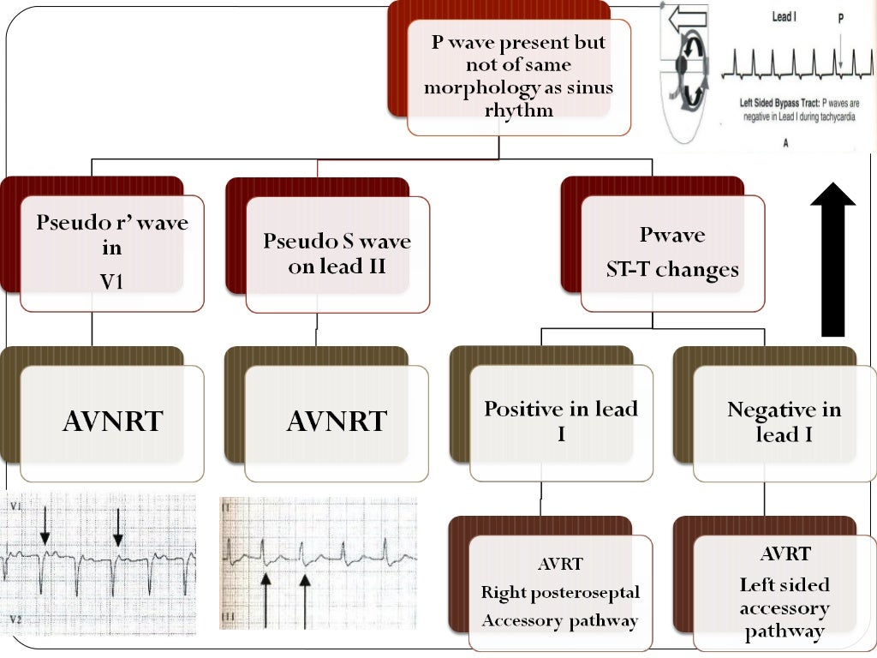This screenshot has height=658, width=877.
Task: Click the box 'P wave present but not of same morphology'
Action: (519, 77)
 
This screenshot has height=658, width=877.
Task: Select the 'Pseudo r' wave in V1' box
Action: (112, 253)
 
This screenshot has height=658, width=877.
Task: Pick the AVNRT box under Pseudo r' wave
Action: (112, 422)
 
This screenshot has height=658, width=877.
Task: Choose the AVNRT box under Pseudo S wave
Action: (337, 422)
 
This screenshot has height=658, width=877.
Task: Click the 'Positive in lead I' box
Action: (562, 422)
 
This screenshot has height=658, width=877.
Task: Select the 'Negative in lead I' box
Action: (784, 422)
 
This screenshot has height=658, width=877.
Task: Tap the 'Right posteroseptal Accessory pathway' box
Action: (560, 593)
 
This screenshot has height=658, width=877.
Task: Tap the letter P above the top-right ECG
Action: (840, 16)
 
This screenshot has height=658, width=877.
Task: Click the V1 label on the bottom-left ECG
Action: (15, 508)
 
